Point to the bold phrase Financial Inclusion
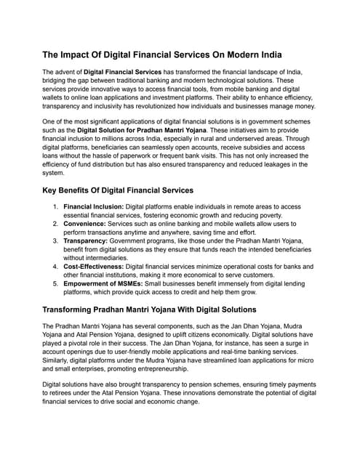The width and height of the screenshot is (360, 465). point(94,206)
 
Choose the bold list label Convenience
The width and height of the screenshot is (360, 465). point(89,225)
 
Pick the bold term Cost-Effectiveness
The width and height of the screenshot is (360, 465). point(98,267)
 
